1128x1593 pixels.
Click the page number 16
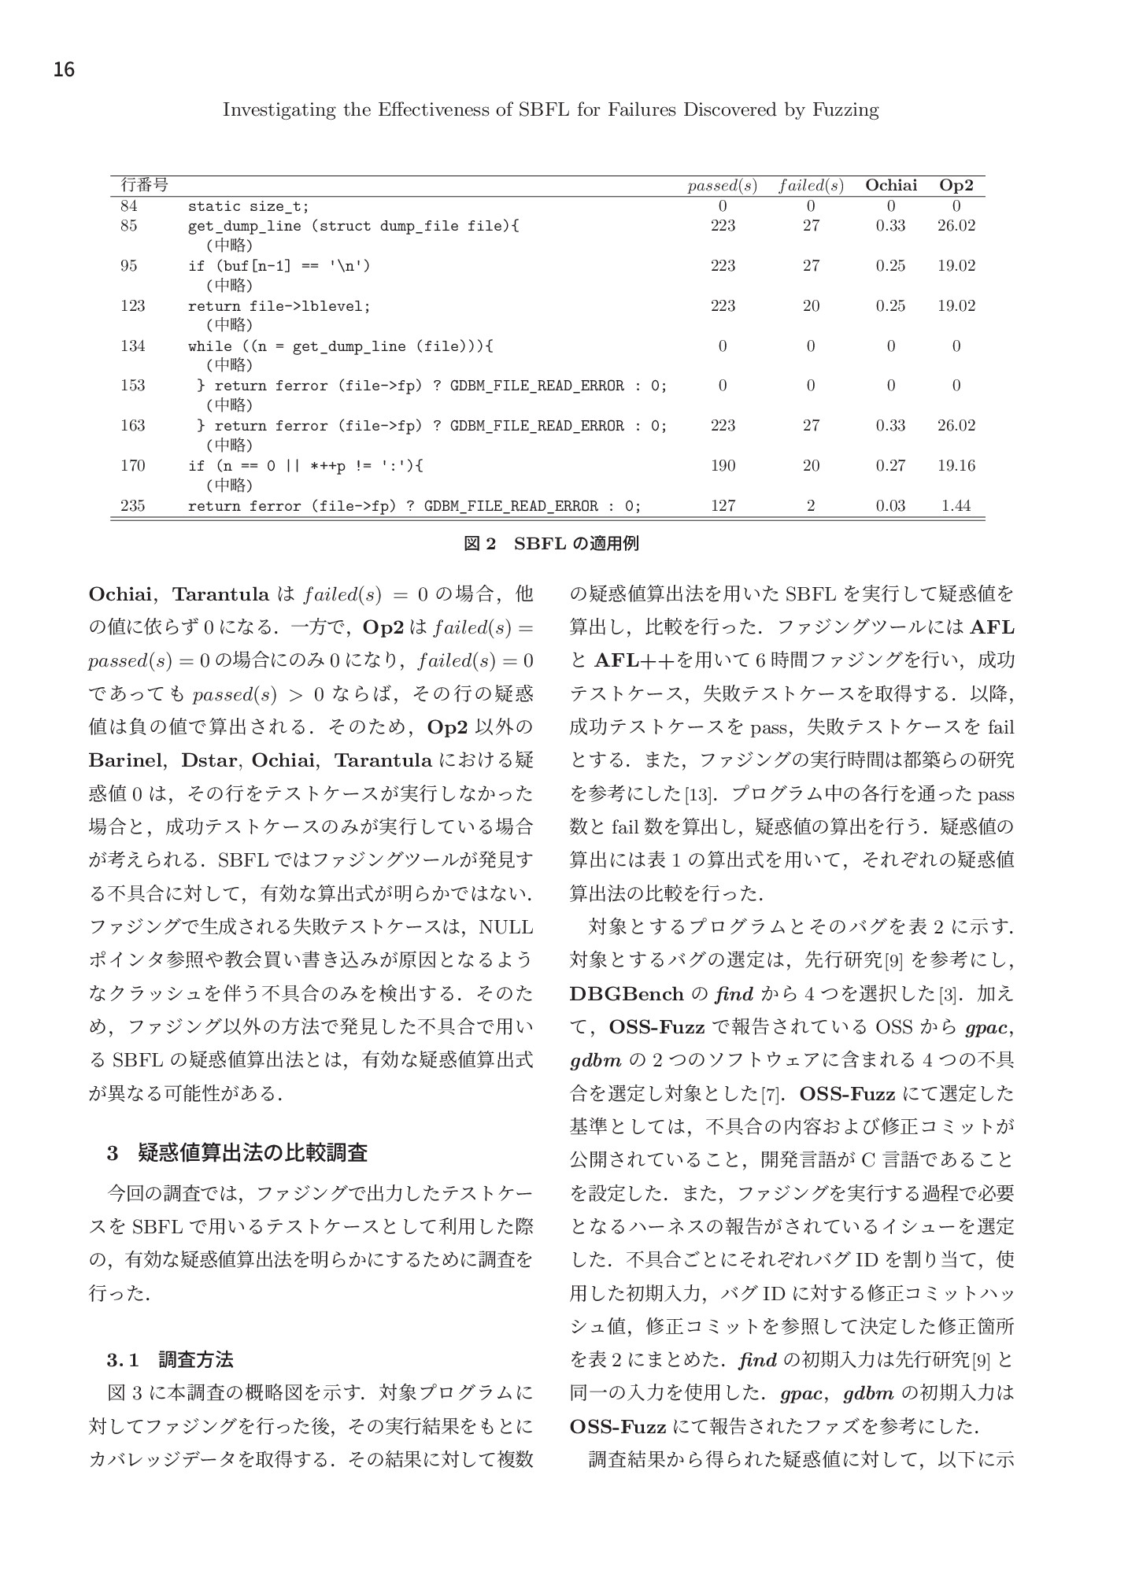click(x=64, y=70)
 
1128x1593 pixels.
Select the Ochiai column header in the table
click(x=890, y=186)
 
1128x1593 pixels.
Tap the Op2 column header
click(x=956, y=186)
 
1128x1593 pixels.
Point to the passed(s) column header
click(x=722, y=187)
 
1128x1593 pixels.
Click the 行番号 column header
click(x=143, y=186)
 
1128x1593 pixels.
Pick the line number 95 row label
click(x=128, y=266)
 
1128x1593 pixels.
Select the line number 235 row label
click(x=132, y=506)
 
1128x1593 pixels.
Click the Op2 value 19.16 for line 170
click(x=956, y=466)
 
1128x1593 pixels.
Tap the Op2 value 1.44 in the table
click(x=956, y=506)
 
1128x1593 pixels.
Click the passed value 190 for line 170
click(x=723, y=466)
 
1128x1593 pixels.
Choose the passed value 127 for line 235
click(x=723, y=506)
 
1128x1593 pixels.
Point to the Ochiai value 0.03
click(x=890, y=506)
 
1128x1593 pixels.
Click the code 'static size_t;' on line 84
click(x=248, y=206)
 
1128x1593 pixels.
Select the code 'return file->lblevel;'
click(x=279, y=306)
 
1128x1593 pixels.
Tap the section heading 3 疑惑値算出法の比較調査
click(x=237, y=1154)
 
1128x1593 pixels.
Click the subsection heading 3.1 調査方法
click(x=170, y=1359)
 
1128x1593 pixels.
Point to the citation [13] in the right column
click(x=697, y=796)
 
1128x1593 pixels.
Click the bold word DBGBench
click(x=627, y=994)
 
